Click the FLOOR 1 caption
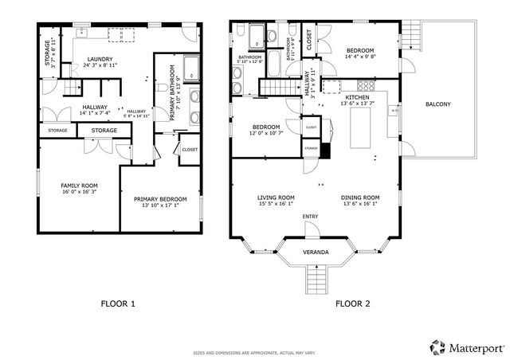click(118, 303)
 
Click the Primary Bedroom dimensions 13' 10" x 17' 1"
click(159, 205)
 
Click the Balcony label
click(437, 104)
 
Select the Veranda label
click(316, 252)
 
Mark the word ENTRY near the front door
click(310, 217)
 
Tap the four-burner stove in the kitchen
click(367, 84)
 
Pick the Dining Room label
click(360, 198)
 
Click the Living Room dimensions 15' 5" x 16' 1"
click(276, 204)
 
